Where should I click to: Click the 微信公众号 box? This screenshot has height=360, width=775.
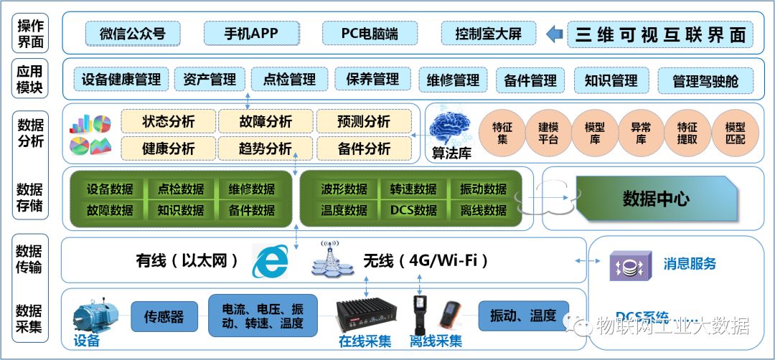pyautogui.click(x=133, y=34)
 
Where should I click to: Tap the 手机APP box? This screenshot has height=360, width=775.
pyautogui.click(x=250, y=33)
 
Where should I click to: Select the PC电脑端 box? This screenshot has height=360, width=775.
pyautogui.click(x=370, y=33)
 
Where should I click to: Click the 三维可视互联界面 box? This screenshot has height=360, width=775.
pyautogui.click(x=660, y=34)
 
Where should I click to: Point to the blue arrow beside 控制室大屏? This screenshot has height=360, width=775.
pyautogui.click(x=554, y=34)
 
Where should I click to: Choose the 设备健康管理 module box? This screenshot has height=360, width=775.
pyautogui.click(x=121, y=80)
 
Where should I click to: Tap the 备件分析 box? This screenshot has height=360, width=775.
pyautogui.click(x=364, y=148)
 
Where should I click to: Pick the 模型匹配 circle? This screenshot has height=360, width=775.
pyautogui.click(x=736, y=133)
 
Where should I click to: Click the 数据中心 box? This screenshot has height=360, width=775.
pyautogui.click(x=655, y=198)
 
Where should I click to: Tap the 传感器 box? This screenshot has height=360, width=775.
pyautogui.click(x=164, y=316)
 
